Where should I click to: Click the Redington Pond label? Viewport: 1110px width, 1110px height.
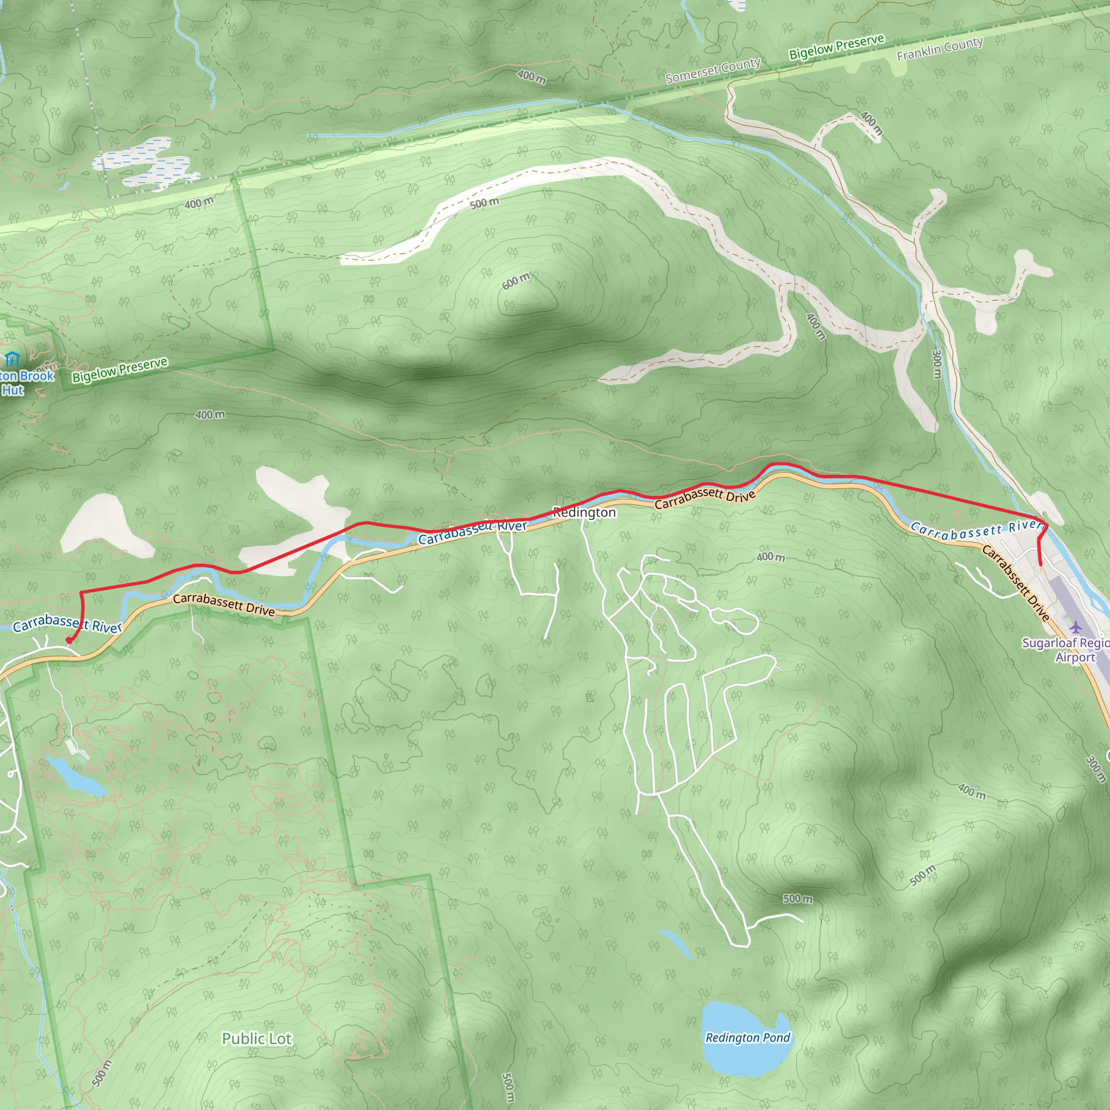pyautogui.click(x=747, y=1037)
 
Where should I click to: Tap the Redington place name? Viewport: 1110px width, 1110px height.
pyautogui.click(x=584, y=513)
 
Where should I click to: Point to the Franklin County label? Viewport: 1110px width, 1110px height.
pyautogui.click(x=940, y=48)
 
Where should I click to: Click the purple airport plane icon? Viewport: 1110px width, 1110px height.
pyautogui.click(x=1075, y=626)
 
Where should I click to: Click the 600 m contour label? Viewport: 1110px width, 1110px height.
pyautogui.click(x=515, y=281)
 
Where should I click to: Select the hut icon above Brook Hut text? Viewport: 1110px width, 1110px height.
pyautogui.click(x=12, y=360)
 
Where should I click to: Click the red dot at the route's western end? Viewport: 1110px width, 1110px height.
pyautogui.click(x=68, y=640)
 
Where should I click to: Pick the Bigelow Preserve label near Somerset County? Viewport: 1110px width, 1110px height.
pyautogui.click(x=836, y=47)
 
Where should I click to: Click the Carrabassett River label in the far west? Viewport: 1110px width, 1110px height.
pyautogui.click(x=67, y=624)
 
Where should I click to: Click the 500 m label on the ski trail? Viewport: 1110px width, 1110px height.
pyautogui.click(x=485, y=203)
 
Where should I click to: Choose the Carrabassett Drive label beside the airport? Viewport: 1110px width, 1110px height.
pyautogui.click(x=1015, y=583)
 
